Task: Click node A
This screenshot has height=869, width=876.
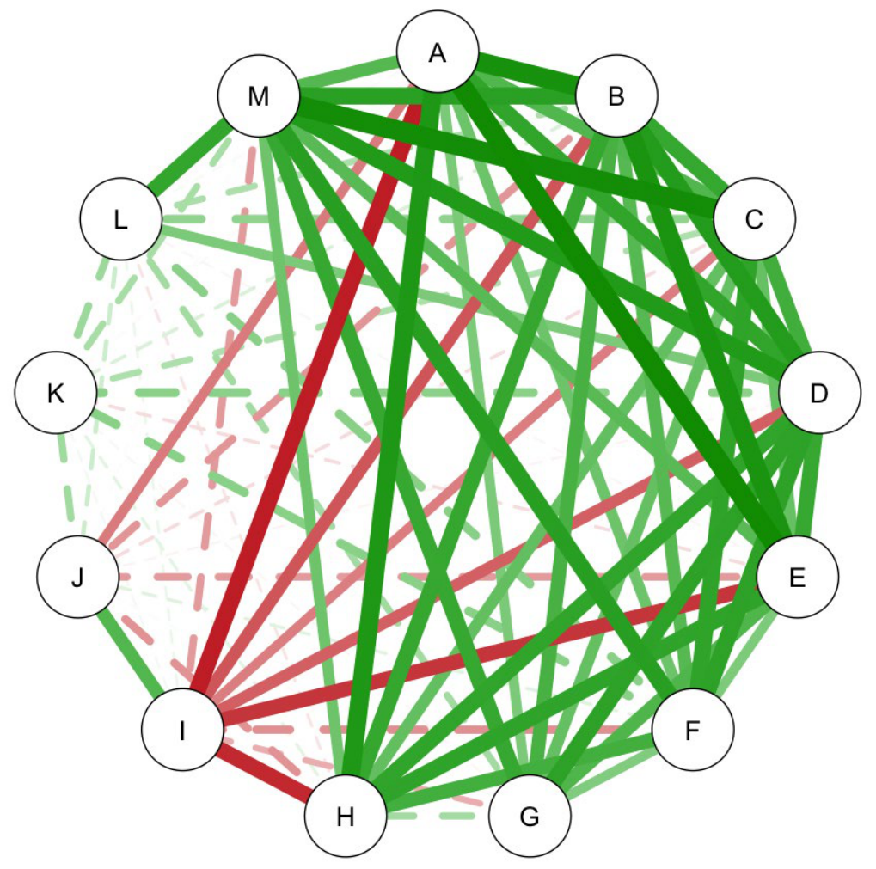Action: [438, 52]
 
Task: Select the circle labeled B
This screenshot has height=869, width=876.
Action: [616, 95]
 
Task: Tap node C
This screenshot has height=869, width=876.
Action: [754, 219]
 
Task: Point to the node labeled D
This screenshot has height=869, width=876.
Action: [819, 393]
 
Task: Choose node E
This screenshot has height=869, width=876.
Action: [797, 577]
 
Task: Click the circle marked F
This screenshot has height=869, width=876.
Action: [693, 730]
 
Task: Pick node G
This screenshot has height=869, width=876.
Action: [530, 816]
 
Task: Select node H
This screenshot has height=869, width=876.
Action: [346, 816]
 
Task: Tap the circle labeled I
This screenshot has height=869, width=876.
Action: [183, 730]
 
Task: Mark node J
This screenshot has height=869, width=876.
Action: [77, 577]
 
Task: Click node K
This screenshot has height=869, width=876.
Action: [56, 393]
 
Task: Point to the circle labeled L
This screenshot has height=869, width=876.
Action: [121, 219]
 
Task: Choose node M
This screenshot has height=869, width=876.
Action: [259, 95]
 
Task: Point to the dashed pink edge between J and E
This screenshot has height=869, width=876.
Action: [438, 577]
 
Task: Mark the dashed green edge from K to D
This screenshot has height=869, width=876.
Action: [438, 393]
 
